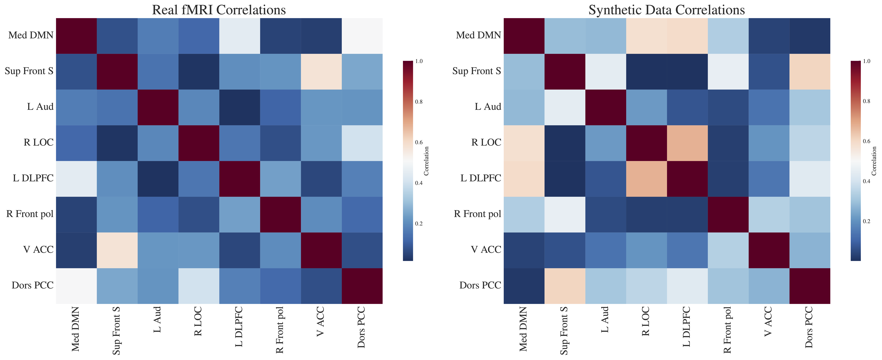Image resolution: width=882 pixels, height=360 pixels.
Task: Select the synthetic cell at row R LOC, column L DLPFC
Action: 687,143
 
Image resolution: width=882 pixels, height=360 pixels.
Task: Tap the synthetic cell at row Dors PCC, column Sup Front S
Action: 565,286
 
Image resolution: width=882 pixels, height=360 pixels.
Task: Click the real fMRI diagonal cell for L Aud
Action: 158,107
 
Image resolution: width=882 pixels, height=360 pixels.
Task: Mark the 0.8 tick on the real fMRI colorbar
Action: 418,102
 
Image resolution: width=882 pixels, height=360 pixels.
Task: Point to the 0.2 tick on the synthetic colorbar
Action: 866,221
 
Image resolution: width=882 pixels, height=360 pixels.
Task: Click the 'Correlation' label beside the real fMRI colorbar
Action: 426,161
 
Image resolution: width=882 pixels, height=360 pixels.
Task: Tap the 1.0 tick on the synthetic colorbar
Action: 866,61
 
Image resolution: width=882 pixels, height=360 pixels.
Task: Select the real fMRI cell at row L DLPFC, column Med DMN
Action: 76,178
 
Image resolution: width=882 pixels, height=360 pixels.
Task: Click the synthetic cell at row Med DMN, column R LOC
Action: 646,36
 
